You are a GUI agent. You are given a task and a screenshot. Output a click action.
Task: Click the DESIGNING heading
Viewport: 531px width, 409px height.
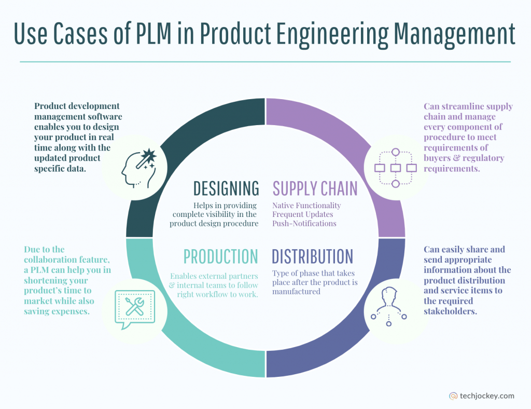click(226, 188)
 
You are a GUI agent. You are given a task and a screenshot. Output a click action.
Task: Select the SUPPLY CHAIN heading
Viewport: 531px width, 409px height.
click(315, 188)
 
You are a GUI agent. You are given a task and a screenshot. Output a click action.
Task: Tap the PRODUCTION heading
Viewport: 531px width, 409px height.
click(220, 256)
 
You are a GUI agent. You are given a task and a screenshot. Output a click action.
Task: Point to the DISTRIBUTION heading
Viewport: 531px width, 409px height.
click(312, 256)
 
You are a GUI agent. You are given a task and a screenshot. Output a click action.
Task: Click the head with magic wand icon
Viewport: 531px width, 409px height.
click(137, 165)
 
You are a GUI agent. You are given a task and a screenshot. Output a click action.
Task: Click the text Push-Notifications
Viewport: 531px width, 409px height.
click(304, 224)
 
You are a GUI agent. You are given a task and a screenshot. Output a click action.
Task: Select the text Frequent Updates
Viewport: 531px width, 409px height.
click(303, 214)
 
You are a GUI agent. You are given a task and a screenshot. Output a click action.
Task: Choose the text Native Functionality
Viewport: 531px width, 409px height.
click(306, 206)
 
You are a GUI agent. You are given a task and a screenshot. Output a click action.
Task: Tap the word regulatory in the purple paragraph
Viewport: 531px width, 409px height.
click(483, 158)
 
